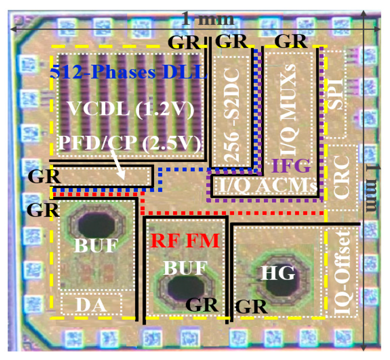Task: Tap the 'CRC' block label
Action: tap(344, 177)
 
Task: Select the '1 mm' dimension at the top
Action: tap(208, 19)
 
